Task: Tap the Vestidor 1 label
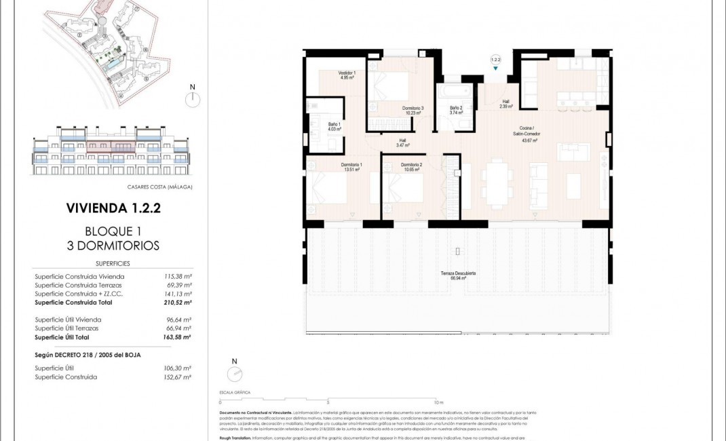coord(347,75)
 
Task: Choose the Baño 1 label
coord(334,126)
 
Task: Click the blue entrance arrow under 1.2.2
coord(495,69)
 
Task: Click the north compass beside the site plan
coord(193,99)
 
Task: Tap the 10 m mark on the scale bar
coord(437,402)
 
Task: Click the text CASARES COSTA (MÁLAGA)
coord(159,187)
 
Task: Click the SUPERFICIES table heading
coord(112,263)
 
